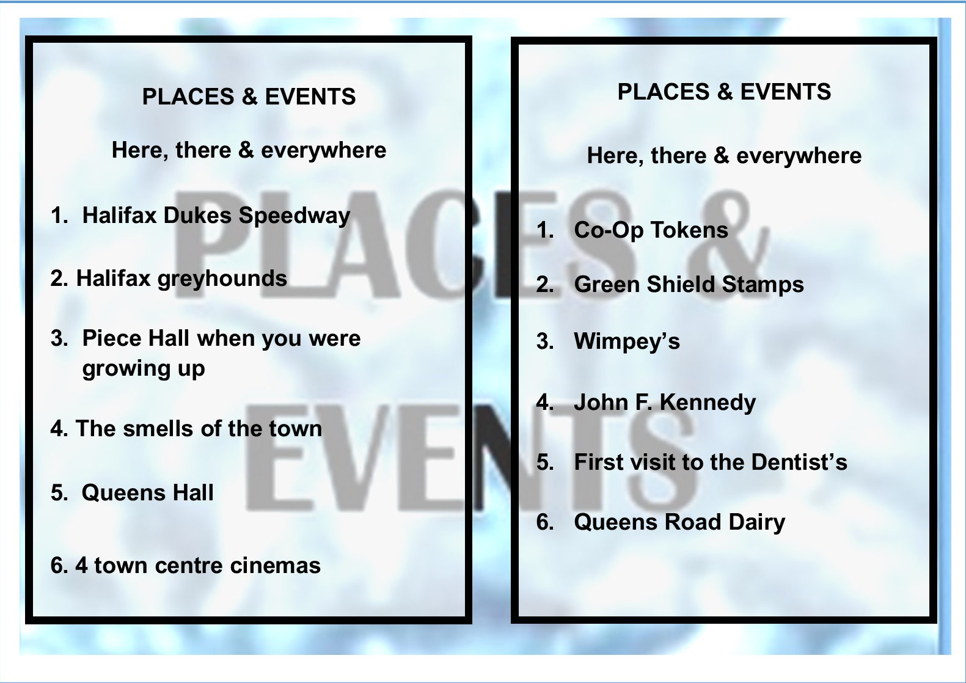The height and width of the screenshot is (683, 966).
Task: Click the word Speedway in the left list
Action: coord(294,216)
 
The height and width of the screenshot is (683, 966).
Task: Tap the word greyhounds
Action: coord(222,279)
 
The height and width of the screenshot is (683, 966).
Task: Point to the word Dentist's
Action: coord(799,462)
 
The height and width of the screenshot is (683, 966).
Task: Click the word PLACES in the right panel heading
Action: coord(664,92)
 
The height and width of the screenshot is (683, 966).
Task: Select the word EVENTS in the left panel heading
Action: coord(310,96)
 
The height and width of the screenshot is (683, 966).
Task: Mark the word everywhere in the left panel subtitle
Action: coord(323,150)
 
